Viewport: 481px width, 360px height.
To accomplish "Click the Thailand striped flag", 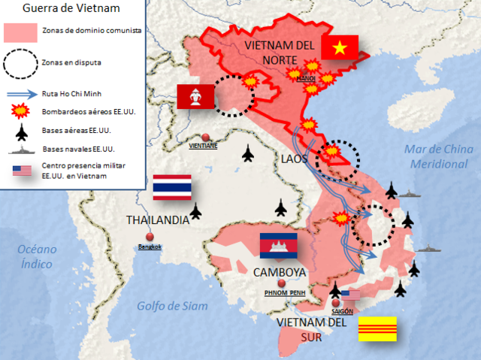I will (x=171, y=187).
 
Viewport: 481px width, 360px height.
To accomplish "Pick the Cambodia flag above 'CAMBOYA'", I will (x=278, y=246).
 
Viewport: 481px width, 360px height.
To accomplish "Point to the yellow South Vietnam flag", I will (x=377, y=329).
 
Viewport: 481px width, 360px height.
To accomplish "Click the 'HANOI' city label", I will (x=306, y=77).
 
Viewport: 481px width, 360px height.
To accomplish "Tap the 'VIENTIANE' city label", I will (x=204, y=146).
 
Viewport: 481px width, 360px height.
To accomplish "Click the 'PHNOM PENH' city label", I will (x=282, y=293).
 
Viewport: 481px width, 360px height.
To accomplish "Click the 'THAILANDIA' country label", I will (x=158, y=220).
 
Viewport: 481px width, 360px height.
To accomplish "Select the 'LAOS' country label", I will (x=293, y=160).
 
